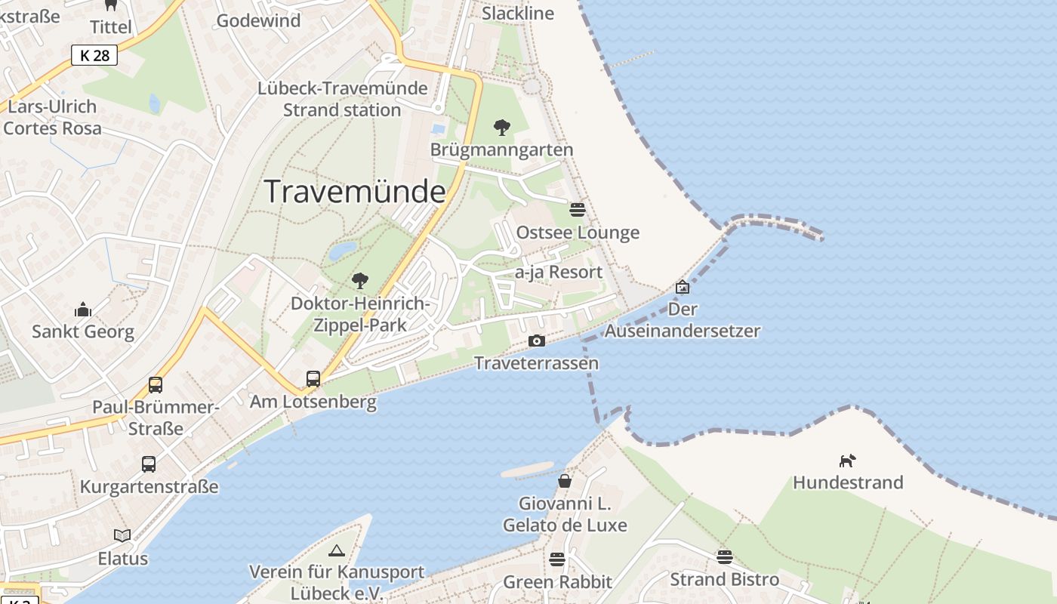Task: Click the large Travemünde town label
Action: pos(355,192)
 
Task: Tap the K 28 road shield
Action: pos(95,55)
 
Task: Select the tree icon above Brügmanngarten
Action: pos(501,128)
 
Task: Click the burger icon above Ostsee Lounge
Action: pos(578,209)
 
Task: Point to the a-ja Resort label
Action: pos(559,272)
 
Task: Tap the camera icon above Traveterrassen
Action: pos(537,341)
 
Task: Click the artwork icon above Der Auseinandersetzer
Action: pos(683,287)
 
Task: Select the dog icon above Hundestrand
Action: pos(848,460)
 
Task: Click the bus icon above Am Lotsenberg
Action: pos(313,378)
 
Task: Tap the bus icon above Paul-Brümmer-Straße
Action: pos(156,384)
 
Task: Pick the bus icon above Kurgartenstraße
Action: pos(149,464)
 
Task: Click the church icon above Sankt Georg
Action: pos(83,309)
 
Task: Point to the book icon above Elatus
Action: pos(122,535)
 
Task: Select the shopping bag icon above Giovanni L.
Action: pos(565,480)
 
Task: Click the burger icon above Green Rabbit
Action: pos(557,559)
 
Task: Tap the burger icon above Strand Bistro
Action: pos(725,556)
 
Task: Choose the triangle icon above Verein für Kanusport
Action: pos(337,550)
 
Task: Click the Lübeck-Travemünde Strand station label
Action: pos(342,99)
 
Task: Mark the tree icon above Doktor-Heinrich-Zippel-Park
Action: pos(360,281)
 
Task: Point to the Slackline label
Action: pos(518,13)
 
